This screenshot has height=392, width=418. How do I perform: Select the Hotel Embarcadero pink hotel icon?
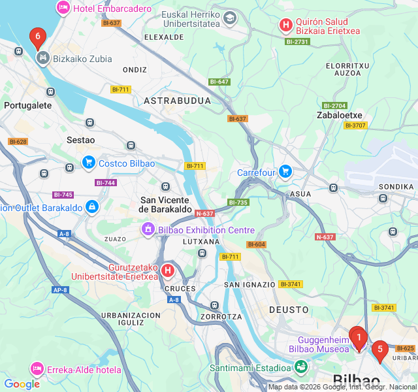pyautogui.click(x=63, y=8)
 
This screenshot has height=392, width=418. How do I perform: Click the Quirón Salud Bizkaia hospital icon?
pyautogui.click(x=285, y=25)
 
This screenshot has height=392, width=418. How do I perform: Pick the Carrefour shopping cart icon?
pyautogui.click(x=285, y=172)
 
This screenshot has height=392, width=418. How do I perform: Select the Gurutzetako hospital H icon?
pyautogui.click(x=168, y=270)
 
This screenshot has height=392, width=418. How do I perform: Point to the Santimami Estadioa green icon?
pyautogui.click(x=300, y=368)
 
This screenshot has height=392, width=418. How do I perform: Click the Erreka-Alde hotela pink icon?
pyautogui.click(x=37, y=370)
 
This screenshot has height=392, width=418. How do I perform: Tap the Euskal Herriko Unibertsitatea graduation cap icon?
pyautogui.click(x=229, y=18)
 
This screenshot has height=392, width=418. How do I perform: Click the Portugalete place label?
pyautogui.click(x=27, y=105)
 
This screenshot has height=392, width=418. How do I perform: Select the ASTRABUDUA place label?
pyautogui.click(x=177, y=101)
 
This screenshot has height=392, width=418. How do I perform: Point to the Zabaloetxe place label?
pyautogui.click(x=339, y=115)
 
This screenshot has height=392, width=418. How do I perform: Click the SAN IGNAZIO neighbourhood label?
pyautogui.click(x=249, y=285)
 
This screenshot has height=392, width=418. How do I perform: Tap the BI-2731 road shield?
pyautogui.click(x=297, y=42)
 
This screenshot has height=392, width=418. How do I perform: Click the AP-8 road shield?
pyautogui.click(x=59, y=289)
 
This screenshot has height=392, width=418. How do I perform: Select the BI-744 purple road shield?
pyautogui.click(x=106, y=183)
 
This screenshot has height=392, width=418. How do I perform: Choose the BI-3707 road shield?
pyautogui.click(x=355, y=125)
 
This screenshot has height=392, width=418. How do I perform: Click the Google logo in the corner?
pyautogui.click(x=22, y=384)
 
